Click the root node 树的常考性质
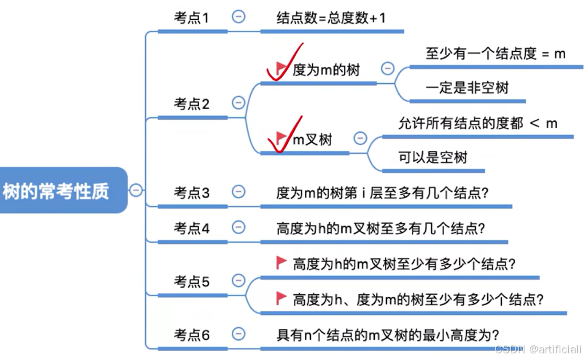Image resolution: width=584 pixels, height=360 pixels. point(56,192)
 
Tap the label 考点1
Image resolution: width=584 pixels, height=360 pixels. point(192,18)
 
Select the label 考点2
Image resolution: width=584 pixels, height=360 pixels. point(192,104)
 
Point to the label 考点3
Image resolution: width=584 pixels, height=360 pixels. point(192,193)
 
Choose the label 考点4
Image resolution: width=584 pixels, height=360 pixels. point(192,228)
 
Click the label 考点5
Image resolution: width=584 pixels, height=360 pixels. point(192,282)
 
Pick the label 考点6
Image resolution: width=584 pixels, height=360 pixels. point(192,334)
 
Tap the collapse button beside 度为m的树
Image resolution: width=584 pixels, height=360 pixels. point(387,69)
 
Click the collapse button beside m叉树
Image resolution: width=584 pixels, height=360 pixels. point(360,139)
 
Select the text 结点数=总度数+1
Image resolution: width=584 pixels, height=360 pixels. point(331,18)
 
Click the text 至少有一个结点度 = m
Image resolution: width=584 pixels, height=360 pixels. point(495,54)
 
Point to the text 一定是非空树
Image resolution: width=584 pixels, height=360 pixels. point(467,88)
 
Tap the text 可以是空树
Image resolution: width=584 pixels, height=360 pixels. point(433,157)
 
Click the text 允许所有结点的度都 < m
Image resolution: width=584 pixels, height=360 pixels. point(478,123)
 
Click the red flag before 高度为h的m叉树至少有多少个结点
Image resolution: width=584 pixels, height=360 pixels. point(282,263)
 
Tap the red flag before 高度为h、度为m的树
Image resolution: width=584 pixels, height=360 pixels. point(282,298)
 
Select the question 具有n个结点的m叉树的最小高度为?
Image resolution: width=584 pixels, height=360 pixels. point(388,334)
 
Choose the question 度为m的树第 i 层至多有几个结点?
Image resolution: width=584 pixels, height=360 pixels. point(383,193)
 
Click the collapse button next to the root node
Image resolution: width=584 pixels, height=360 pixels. point(136,190)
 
